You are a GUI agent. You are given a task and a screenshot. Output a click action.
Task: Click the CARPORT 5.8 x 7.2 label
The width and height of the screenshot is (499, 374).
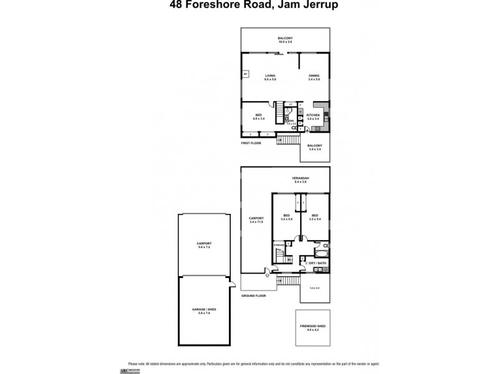(204, 245)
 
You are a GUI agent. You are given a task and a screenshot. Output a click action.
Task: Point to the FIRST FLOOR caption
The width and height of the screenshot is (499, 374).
(251, 143)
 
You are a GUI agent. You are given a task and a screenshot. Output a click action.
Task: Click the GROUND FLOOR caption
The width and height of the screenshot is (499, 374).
(253, 295)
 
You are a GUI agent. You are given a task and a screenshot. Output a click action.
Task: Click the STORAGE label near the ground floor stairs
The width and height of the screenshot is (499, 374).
(279, 245)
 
